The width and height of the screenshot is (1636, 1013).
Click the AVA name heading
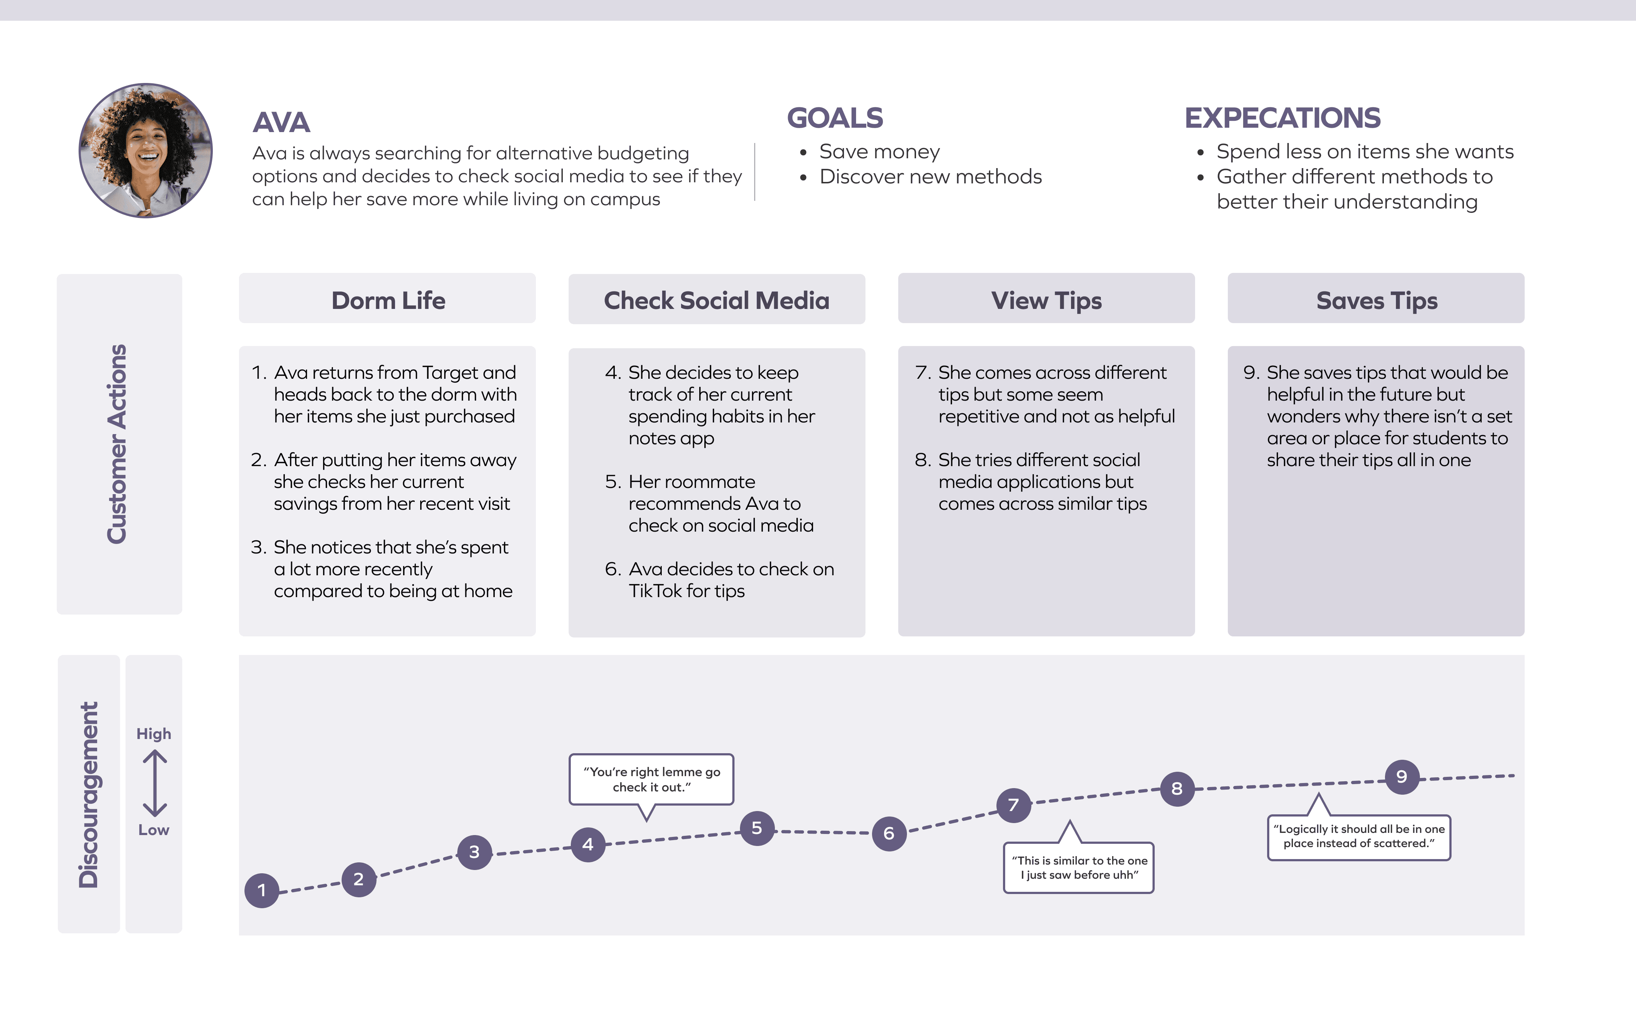coord(281,123)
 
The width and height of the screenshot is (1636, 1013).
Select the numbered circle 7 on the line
coord(1013,805)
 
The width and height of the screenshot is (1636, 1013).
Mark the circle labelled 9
coord(1402,776)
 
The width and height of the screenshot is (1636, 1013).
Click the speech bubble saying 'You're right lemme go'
coord(651,779)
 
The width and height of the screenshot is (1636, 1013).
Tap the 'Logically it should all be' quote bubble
coord(1359,837)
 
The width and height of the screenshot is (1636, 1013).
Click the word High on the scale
coord(154,734)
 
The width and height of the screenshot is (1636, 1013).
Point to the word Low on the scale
coord(154,830)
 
